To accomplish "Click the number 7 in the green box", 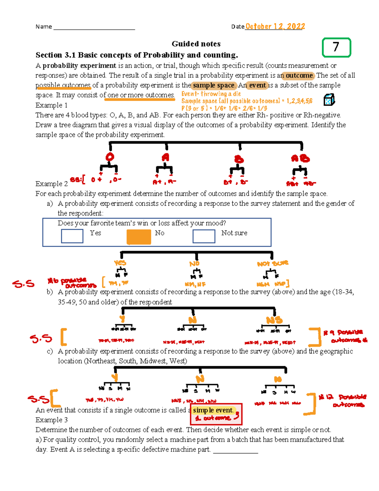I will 336,47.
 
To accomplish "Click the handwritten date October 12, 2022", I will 275,27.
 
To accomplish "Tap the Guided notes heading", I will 196,44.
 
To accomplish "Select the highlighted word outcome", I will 299,76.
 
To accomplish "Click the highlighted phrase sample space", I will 214,85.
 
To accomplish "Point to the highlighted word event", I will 257,85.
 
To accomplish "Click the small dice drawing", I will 329,100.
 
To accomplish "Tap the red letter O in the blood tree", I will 110,157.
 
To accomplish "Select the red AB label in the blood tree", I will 300,158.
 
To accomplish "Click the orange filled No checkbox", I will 139,236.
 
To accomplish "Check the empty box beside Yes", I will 72,236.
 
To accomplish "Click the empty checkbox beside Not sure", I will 204,236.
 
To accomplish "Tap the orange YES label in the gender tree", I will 120,263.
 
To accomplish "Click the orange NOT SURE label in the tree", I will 272,263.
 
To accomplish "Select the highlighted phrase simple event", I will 213,410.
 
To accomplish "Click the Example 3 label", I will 51,420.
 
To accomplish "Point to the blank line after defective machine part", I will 236,451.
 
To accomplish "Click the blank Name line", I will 94,27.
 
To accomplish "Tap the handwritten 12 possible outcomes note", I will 343,400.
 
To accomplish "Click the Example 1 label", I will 51,105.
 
